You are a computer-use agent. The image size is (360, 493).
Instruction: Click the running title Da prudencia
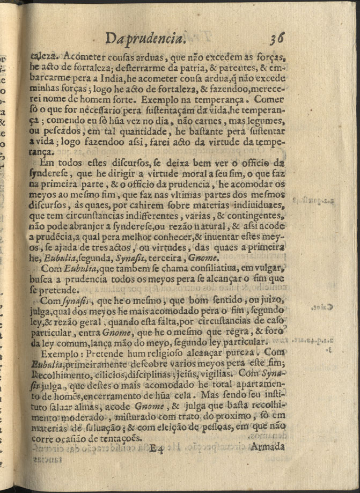146,39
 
